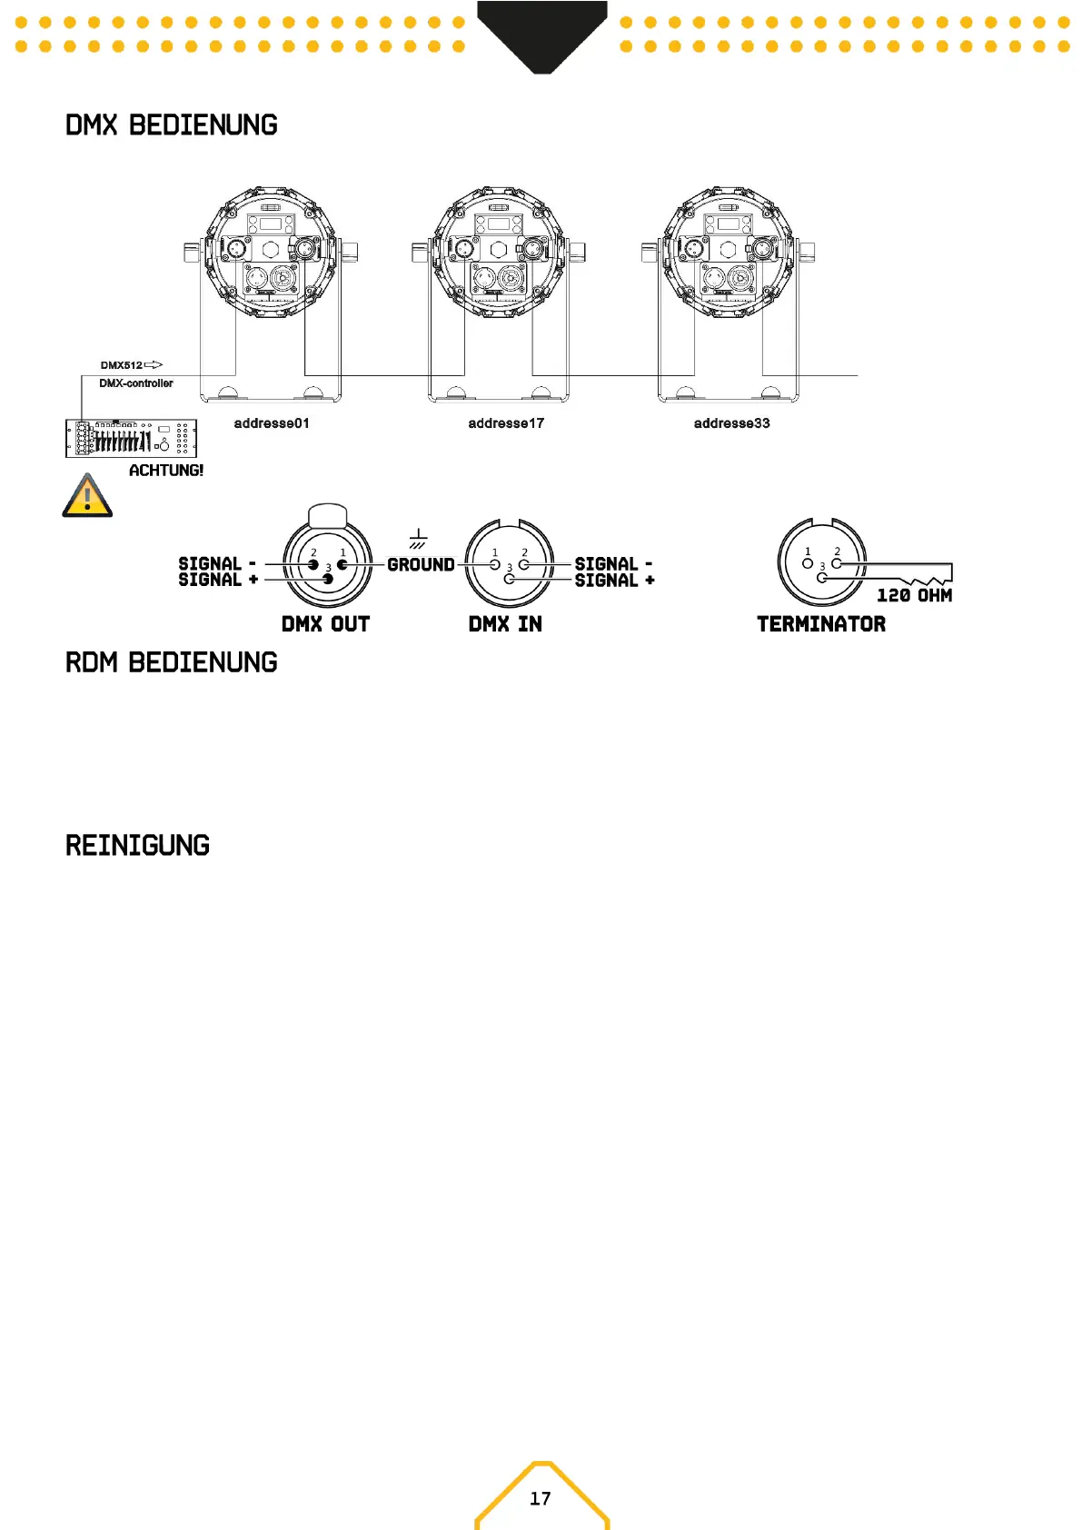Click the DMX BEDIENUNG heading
pos(171,125)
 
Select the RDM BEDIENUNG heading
pos(171,662)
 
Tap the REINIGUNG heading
pos(137,846)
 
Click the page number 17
pos(541,1498)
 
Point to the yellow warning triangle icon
pos(87,496)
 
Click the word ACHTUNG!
pos(166,471)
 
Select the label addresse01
pos(272,423)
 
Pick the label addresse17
pos(506,423)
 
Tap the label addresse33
pos(731,423)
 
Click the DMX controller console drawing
pos(131,438)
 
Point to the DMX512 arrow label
pos(131,365)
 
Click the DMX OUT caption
pos(325,624)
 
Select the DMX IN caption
pos(505,624)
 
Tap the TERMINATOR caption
pos(821,624)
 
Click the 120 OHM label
pos(914,596)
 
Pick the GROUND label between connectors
pos(421,565)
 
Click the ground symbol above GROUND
pos(418,539)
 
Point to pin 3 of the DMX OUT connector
pos(328,579)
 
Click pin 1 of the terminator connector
pos(808,563)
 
